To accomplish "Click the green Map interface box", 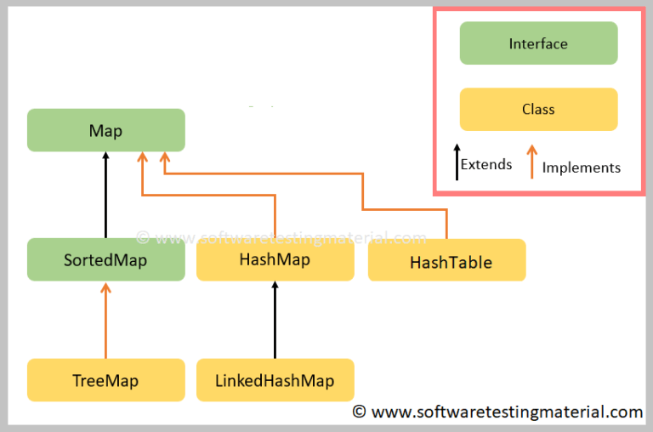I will (x=105, y=130).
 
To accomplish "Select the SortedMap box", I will (x=105, y=259).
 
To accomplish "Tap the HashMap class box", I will (x=275, y=259).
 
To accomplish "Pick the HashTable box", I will (x=446, y=260).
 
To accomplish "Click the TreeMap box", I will (x=105, y=380).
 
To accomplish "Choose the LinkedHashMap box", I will (x=275, y=380).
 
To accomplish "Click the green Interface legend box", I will (x=538, y=43).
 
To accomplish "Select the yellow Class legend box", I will (x=538, y=110).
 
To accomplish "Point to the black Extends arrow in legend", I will (x=457, y=162).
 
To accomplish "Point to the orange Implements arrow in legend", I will (x=531, y=162).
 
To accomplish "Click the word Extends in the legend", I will (x=486, y=164).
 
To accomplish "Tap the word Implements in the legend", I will (x=581, y=168).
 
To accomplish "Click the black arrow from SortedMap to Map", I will (x=105, y=196).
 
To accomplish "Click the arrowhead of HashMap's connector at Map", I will (x=142, y=158).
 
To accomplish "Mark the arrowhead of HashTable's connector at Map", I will (x=164, y=158).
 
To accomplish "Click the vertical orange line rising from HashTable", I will (x=446, y=225).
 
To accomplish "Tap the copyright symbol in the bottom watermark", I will (x=360, y=412).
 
